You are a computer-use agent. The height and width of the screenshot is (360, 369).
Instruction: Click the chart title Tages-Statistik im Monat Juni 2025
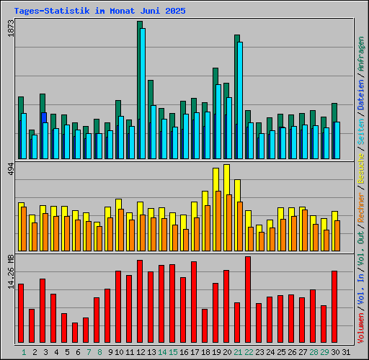(x=99, y=12)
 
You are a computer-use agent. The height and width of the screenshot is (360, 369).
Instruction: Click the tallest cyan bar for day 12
(x=143, y=94)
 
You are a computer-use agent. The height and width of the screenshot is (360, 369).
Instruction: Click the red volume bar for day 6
(x=75, y=333)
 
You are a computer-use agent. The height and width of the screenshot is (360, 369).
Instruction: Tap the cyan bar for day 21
(x=240, y=101)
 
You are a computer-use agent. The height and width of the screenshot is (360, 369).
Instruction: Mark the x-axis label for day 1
(x=24, y=352)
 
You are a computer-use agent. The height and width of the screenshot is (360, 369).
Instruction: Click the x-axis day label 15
(x=173, y=352)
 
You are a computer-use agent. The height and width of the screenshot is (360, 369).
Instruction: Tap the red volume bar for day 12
(x=140, y=302)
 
